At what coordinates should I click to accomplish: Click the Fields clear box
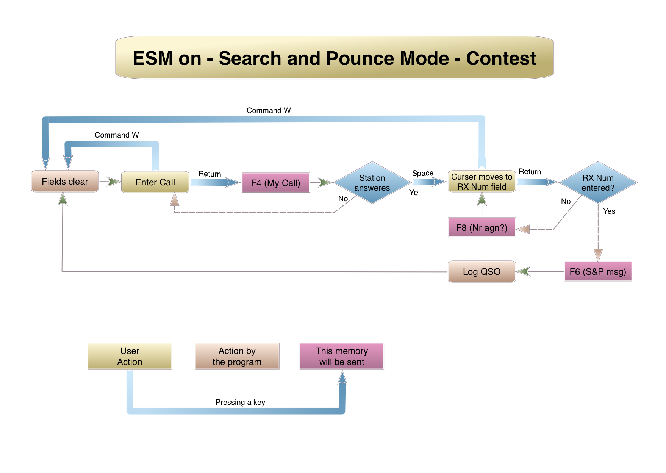(65, 182)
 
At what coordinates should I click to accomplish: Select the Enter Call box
(155, 182)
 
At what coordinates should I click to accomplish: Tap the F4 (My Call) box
(275, 183)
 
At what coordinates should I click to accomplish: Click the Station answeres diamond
(372, 183)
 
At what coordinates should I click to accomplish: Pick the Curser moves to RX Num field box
(482, 182)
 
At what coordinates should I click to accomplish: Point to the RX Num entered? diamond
(598, 183)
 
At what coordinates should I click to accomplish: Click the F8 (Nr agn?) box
(482, 227)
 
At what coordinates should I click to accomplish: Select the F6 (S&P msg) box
(598, 271)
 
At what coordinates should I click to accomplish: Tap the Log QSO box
(482, 271)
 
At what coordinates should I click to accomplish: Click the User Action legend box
(130, 356)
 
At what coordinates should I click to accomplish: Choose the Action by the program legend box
(237, 356)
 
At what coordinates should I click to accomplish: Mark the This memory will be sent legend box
(342, 356)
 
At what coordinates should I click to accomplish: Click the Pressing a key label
(240, 402)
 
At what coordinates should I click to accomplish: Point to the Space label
(423, 173)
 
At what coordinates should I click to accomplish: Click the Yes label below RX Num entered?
(609, 211)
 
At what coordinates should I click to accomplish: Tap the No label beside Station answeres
(343, 199)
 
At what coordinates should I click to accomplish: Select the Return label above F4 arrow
(209, 174)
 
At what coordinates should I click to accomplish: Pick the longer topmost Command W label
(269, 110)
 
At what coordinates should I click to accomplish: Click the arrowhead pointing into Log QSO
(523, 271)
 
